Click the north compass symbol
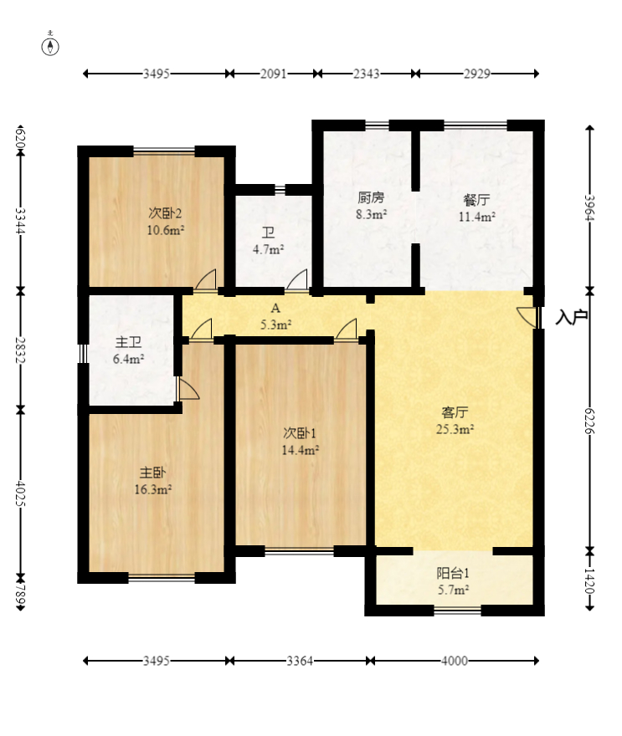pyautogui.click(x=50, y=46)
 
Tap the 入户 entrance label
pyautogui.click(x=571, y=317)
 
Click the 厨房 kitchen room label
pyautogui.click(x=371, y=197)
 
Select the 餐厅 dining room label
pyautogui.click(x=477, y=200)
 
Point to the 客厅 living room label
pyautogui.click(x=455, y=412)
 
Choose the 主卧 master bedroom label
pyautogui.click(x=152, y=473)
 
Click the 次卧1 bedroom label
pyautogui.click(x=300, y=432)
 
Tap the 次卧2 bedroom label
pyautogui.click(x=166, y=213)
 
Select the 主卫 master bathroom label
pyautogui.click(x=128, y=342)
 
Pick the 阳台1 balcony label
pyautogui.click(x=454, y=573)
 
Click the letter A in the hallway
pyautogui.click(x=275, y=309)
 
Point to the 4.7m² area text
pyautogui.click(x=268, y=249)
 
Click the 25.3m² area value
pyautogui.click(x=455, y=429)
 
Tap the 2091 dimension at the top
pyautogui.click(x=274, y=74)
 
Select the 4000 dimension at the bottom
pyautogui.click(x=455, y=661)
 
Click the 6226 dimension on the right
pyautogui.click(x=590, y=421)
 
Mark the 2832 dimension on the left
pyautogui.click(x=20, y=350)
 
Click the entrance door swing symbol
pyautogui.click(x=527, y=317)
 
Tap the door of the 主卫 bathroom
pyautogui.click(x=188, y=390)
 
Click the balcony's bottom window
pyautogui.click(x=458, y=610)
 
